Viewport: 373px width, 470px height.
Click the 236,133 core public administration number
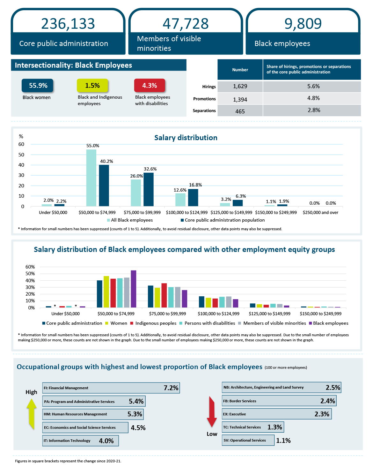[68, 24]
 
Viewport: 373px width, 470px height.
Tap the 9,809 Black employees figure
[303, 24]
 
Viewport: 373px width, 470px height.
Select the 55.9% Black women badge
[38, 86]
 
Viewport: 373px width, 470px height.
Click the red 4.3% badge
[150, 86]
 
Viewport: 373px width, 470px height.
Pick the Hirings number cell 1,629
[240, 86]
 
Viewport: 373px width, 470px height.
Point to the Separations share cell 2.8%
[314, 110]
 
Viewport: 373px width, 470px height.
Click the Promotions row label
[204, 99]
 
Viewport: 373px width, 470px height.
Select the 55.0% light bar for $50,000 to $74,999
[91, 178]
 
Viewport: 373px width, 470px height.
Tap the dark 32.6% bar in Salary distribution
[149, 189]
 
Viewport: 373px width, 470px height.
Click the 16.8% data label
[195, 185]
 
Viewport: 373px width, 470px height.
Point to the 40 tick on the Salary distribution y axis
[21, 165]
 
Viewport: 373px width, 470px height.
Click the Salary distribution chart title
[186, 138]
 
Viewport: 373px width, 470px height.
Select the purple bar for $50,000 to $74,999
[134, 289]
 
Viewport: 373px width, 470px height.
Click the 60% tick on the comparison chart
[30, 267]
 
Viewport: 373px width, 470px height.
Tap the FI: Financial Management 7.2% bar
[111, 388]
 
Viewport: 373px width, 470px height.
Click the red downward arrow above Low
[212, 412]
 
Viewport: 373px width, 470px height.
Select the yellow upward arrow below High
[31, 413]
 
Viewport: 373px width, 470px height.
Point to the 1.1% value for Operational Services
[283, 441]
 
